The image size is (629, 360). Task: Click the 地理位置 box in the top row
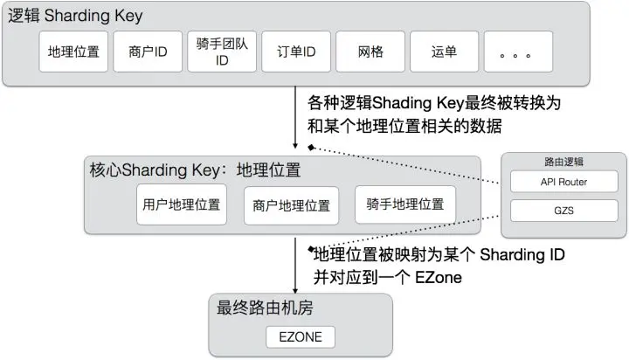(x=74, y=52)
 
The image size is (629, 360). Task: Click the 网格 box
(x=367, y=52)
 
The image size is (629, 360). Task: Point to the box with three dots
(x=517, y=52)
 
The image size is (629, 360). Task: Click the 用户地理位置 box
(x=181, y=205)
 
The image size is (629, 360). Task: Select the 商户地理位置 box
(x=290, y=206)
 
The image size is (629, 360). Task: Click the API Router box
(x=563, y=182)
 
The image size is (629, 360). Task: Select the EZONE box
(x=300, y=336)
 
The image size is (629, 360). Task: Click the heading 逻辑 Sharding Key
(x=75, y=17)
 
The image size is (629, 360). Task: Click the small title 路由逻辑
(x=563, y=162)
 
